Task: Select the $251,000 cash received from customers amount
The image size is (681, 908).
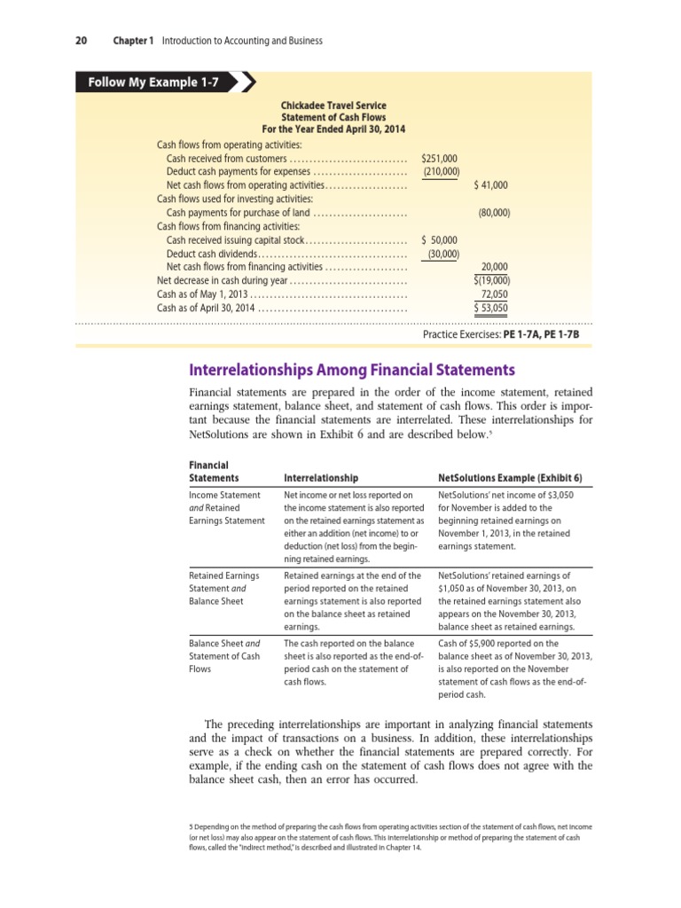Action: tap(440, 158)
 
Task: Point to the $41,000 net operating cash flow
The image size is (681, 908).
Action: tap(491, 184)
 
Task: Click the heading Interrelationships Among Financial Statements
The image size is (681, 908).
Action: tap(352, 370)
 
